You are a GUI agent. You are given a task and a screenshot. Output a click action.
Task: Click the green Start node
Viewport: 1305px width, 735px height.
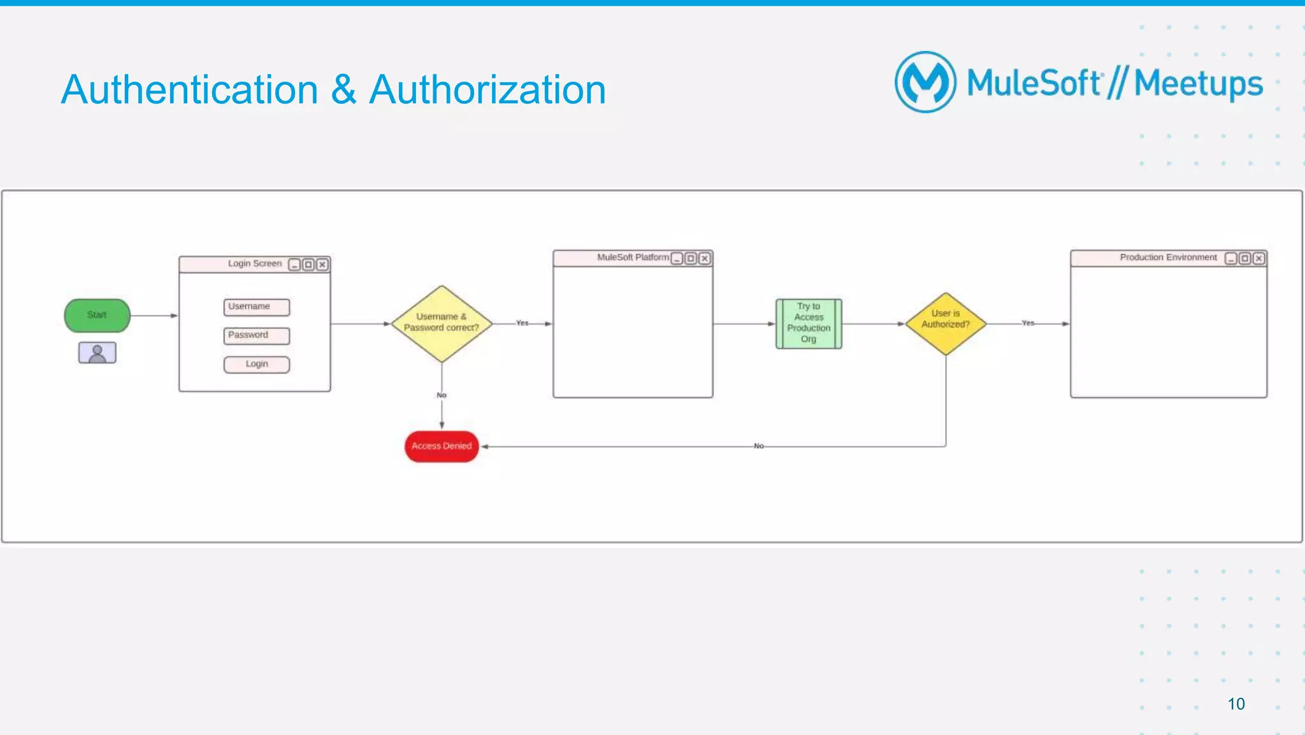(97, 315)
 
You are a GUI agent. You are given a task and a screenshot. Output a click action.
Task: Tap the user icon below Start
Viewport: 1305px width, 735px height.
(97, 353)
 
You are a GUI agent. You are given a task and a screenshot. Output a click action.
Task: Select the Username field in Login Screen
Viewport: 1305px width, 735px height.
(257, 307)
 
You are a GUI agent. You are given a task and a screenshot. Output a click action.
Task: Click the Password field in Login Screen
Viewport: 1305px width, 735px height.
(257, 335)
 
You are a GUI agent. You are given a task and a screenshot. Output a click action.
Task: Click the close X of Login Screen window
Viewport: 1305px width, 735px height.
(322, 264)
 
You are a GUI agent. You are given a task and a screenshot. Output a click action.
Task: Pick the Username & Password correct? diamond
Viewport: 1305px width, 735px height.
(442, 323)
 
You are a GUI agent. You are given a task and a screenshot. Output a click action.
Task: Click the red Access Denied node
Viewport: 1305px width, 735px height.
(442, 446)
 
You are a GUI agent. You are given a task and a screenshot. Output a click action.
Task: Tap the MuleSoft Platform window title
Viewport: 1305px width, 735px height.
(633, 258)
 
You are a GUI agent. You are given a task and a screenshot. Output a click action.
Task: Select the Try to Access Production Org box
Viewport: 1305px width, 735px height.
(809, 323)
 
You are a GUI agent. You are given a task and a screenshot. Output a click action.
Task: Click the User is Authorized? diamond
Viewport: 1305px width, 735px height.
(946, 323)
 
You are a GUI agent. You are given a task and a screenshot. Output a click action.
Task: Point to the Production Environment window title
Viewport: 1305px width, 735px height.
(1168, 258)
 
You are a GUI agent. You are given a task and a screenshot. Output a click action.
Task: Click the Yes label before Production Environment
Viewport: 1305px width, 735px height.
(1028, 323)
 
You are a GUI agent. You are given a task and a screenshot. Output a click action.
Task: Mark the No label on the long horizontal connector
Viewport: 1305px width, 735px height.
(758, 446)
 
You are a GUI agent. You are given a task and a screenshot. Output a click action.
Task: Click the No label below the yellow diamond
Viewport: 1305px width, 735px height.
(442, 395)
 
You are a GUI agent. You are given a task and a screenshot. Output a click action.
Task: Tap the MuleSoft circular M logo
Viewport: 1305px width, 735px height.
(925, 82)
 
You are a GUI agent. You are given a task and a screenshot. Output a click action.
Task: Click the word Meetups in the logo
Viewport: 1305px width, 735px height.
(1198, 84)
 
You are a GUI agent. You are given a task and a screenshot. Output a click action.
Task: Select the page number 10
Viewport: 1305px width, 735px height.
(1236, 704)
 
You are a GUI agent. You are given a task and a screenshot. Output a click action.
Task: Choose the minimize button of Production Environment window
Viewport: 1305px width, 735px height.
(1230, 258)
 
